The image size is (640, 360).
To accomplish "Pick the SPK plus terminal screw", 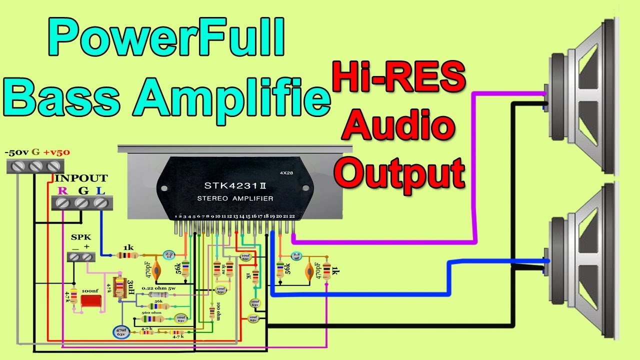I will point(88,256).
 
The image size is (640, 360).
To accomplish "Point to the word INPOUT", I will point(80,178).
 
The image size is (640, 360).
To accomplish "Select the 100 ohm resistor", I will point(212,312).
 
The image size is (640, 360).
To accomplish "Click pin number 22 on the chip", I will point(292,216).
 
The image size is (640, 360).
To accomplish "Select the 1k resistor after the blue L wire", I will point(127,255).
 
